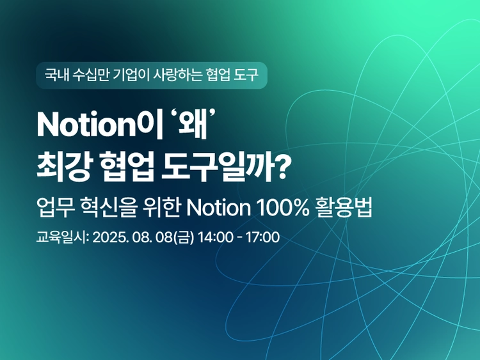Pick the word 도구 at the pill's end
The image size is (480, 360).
pos(246,75)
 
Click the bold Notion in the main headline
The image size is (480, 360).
pos(86,125)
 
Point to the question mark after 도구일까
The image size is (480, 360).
pos(280,168)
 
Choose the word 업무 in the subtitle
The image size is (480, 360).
pos(56,208)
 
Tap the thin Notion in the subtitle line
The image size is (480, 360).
pos(218,208)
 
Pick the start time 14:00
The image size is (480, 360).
pos(215,237)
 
